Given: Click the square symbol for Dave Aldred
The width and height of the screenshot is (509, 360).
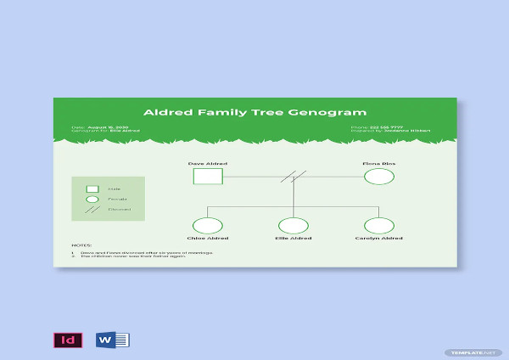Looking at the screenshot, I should (x=208, y=177).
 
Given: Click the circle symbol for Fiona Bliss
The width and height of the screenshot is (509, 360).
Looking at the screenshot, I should (x=379, y=177).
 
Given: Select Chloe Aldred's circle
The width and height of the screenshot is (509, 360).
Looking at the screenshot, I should (x=208, y=226).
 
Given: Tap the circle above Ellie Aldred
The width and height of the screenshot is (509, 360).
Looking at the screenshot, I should (x=294, y=226).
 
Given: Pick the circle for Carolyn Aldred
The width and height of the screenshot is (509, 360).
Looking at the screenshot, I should (x=379, y=226).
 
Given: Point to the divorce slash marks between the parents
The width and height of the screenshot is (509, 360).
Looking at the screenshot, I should (x=294, y=177).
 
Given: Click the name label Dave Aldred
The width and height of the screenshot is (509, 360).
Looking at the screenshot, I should (x=208, y=162).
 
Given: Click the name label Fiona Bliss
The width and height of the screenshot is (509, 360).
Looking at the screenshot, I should (x=379, y=162).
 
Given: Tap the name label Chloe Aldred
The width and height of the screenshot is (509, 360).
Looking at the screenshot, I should (x=208, y=239).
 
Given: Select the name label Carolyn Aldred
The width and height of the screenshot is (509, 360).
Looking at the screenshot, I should (x=379, y=239).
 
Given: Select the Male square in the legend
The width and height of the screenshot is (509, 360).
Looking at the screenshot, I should (x=92, y=188).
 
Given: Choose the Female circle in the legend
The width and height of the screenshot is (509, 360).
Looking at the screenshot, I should (x=92, y=199).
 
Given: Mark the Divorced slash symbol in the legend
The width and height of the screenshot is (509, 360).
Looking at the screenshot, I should (x=92, y=209).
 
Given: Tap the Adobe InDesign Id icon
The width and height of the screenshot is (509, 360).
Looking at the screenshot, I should (x=64, y=340).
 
